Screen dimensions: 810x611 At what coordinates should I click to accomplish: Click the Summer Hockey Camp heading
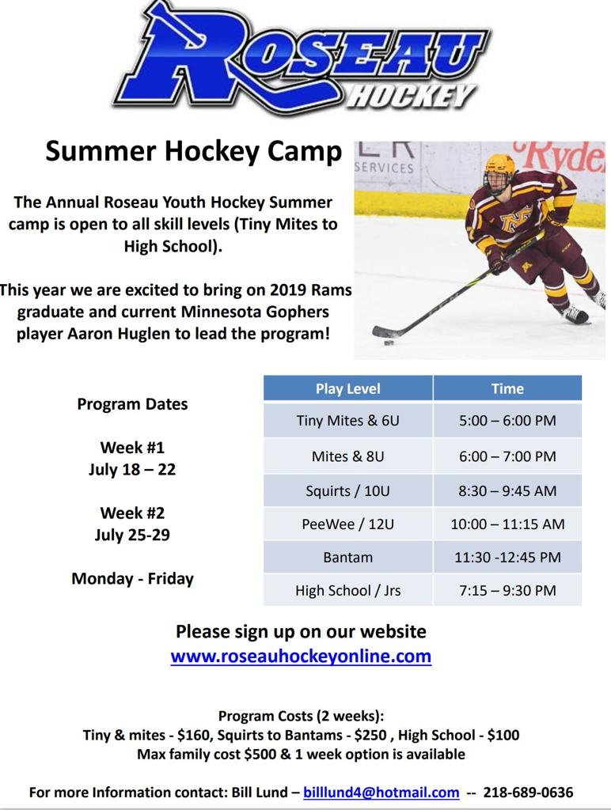click(x=193, y=150)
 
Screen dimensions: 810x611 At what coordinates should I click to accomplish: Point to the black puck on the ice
click(x=389, y=343)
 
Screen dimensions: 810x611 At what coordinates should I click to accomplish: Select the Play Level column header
click(x=347, y=388)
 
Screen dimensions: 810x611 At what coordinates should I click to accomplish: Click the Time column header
click(x=507, y=388)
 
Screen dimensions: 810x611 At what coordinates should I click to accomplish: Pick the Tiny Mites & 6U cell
click(x=347, y=421)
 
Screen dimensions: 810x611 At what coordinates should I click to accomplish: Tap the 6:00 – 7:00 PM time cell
click(x=507, y=456)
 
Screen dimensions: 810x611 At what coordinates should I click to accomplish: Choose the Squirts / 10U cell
click(x=347, y=490)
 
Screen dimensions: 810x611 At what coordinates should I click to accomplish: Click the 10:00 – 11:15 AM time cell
click(x=507, y=524)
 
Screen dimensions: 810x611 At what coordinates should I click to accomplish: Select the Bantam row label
click(x=347, y=557)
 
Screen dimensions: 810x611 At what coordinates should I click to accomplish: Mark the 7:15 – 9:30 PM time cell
click(x=507, y=590)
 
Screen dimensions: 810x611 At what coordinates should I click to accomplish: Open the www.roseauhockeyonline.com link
click(x=301, y=656)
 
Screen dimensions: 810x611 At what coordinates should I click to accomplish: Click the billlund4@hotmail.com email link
click(x=381, y=792)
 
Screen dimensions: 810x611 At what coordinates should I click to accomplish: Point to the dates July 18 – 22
click(x=132, y=469)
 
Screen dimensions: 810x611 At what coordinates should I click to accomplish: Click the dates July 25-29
click(x=132, y=535)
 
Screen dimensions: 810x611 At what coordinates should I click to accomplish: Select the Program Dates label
click(x=132, y=404)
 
